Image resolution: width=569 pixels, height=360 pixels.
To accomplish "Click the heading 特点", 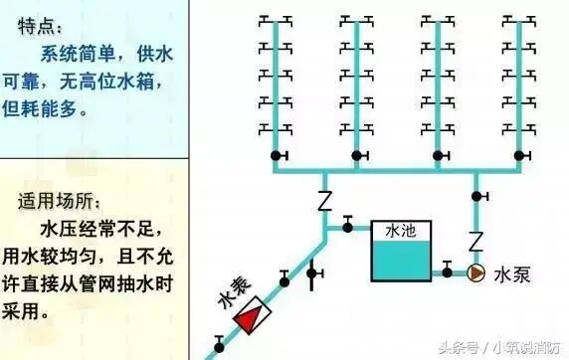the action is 38,22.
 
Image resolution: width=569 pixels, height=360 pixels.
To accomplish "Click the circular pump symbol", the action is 477,270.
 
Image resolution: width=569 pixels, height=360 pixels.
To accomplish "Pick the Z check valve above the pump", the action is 476,240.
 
